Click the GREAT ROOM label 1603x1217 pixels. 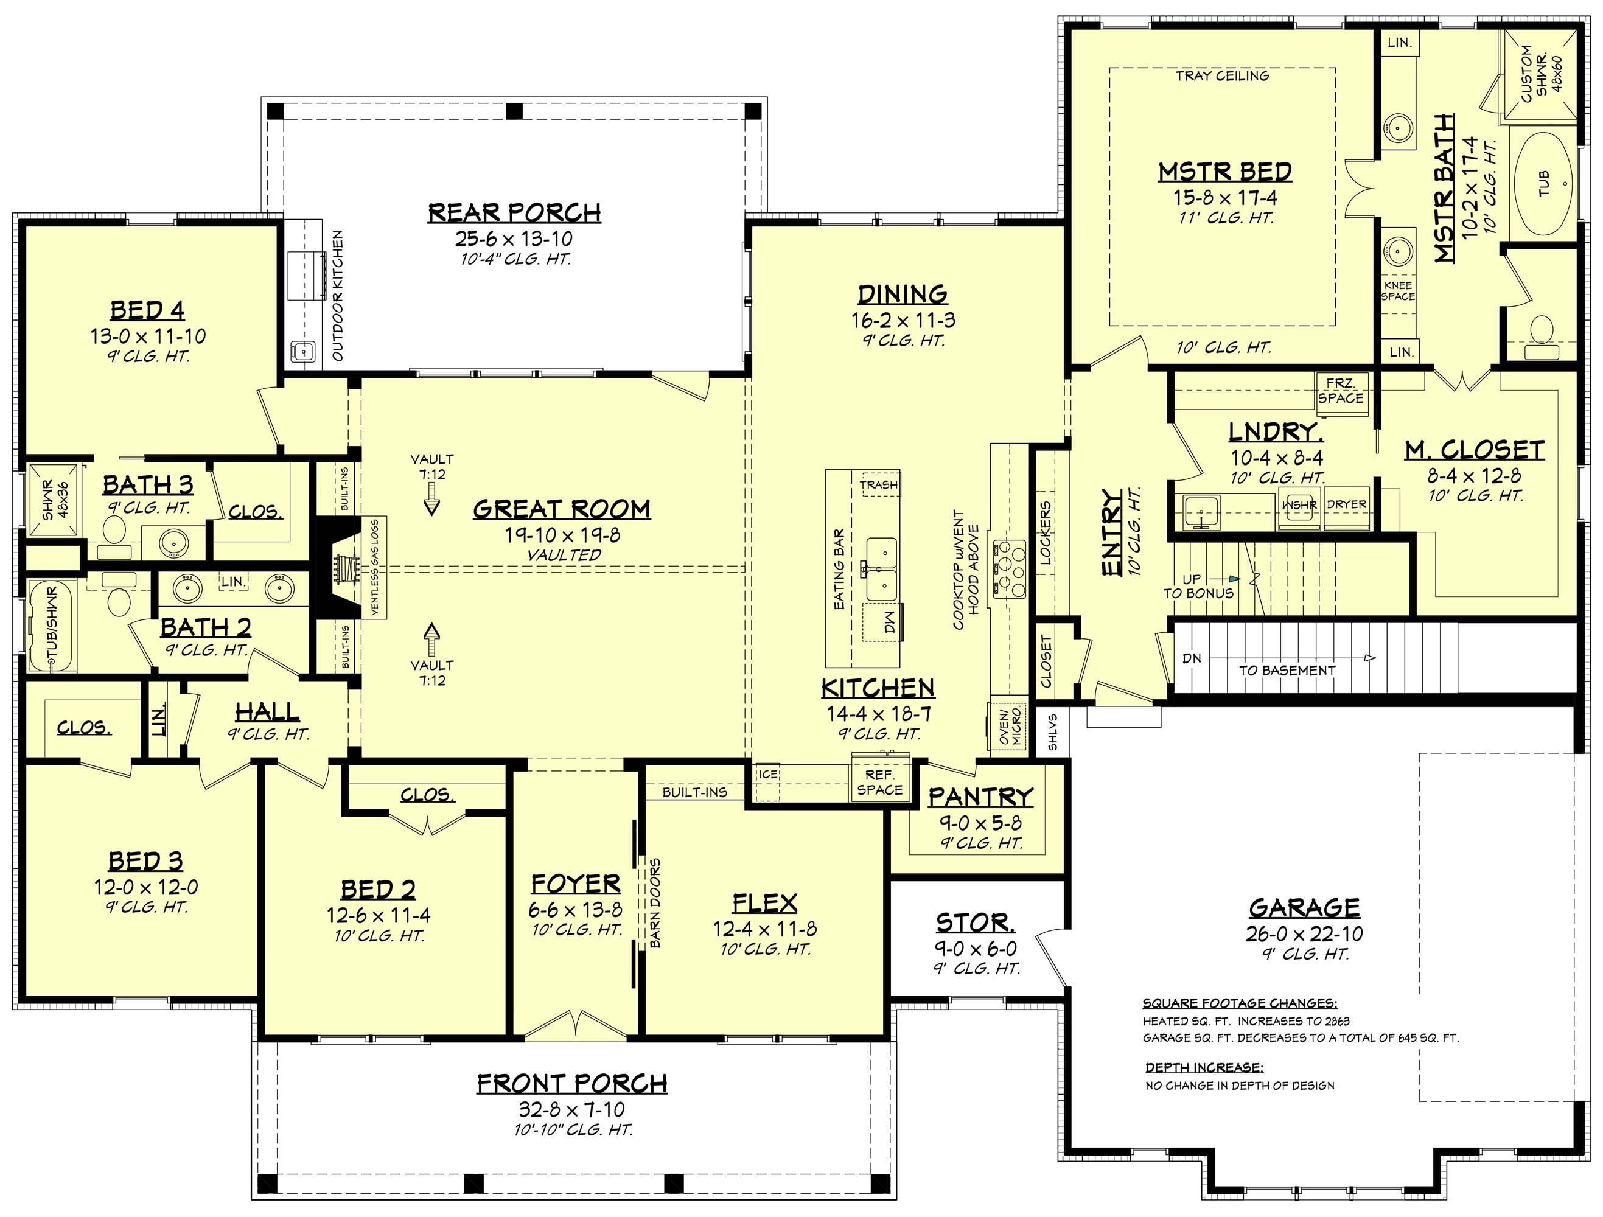coord(562,510)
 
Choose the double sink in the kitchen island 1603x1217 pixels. coord(881,570)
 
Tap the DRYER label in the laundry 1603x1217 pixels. coord(1346,505)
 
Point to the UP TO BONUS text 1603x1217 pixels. coord(1197,586)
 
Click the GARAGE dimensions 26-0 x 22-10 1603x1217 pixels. coord(1304,934)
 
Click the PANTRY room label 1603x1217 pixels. coord(980,797)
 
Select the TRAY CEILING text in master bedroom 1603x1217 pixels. coord(1222,75)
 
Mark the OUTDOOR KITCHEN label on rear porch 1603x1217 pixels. coord(338,296)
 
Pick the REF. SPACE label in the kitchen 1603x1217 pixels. coord(880,783)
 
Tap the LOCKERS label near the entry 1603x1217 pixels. coord(1045,533)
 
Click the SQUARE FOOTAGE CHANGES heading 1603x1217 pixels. coord(1240,1003)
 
